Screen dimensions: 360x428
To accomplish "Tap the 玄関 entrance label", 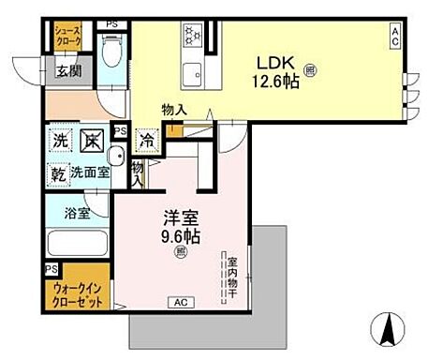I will click(x=66, y=70).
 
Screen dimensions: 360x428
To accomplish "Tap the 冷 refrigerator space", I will click(x=148, y=137).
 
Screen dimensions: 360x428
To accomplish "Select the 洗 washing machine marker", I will click(x=59, y=141).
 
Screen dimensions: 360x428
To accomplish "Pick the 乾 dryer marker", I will click(x=58, y=173).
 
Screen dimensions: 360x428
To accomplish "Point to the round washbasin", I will click(x=114, y=155).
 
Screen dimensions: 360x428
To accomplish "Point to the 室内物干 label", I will click(x=229, y=273).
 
